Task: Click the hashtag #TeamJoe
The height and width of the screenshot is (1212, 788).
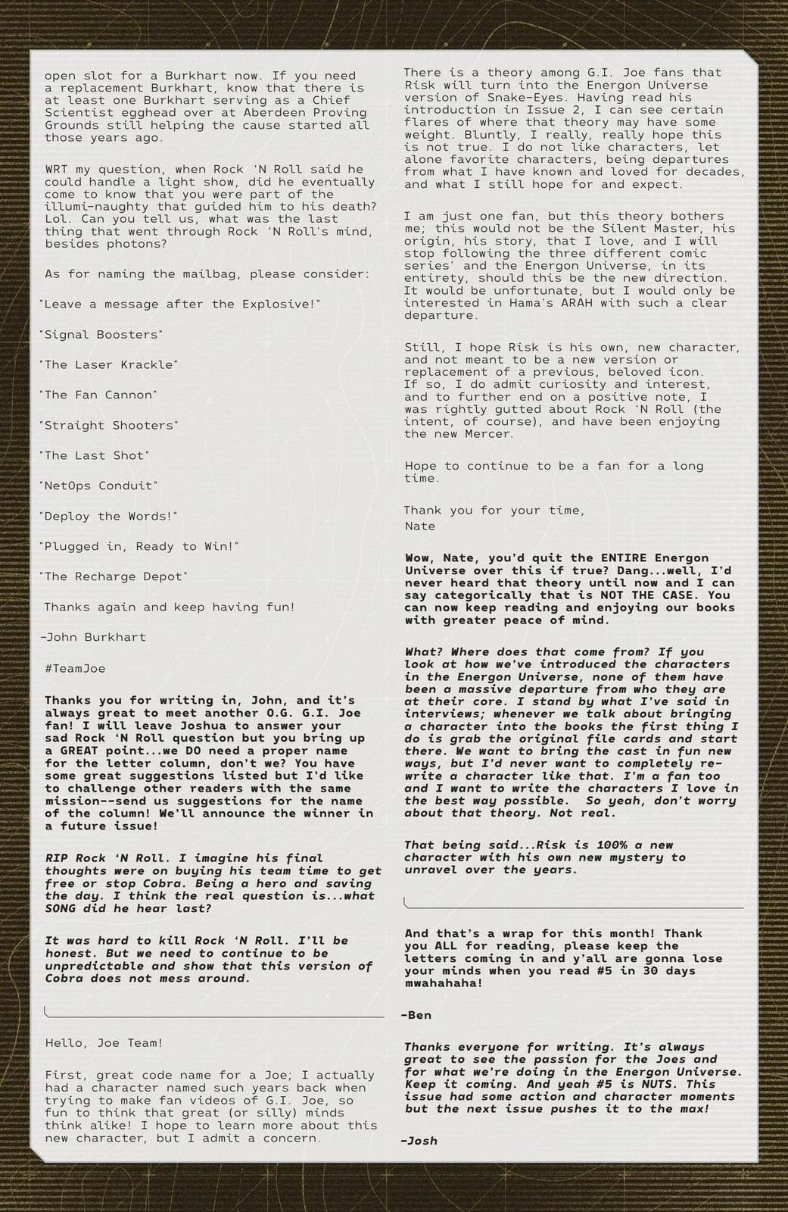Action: [75, 668]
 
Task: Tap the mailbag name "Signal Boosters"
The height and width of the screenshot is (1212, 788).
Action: [101, 334]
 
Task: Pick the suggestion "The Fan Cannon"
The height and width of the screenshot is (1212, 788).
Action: [98, 395]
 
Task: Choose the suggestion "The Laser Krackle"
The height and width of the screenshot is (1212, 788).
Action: [108, 364]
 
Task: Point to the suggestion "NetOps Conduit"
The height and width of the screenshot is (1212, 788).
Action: [98, 486]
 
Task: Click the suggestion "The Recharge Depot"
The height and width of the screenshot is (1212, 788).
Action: [114, 576]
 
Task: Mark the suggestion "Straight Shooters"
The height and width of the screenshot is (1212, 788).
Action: [108, 425]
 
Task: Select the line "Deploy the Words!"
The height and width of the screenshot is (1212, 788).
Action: [108, 516]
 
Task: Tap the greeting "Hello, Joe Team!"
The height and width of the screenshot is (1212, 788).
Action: [104, 1042]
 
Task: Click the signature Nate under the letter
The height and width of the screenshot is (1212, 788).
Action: [419, 526]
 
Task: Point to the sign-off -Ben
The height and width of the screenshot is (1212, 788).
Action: [416, 1014]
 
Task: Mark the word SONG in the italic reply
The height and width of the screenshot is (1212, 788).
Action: [64, 908]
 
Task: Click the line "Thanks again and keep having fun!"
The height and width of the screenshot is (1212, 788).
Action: [170, 607]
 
